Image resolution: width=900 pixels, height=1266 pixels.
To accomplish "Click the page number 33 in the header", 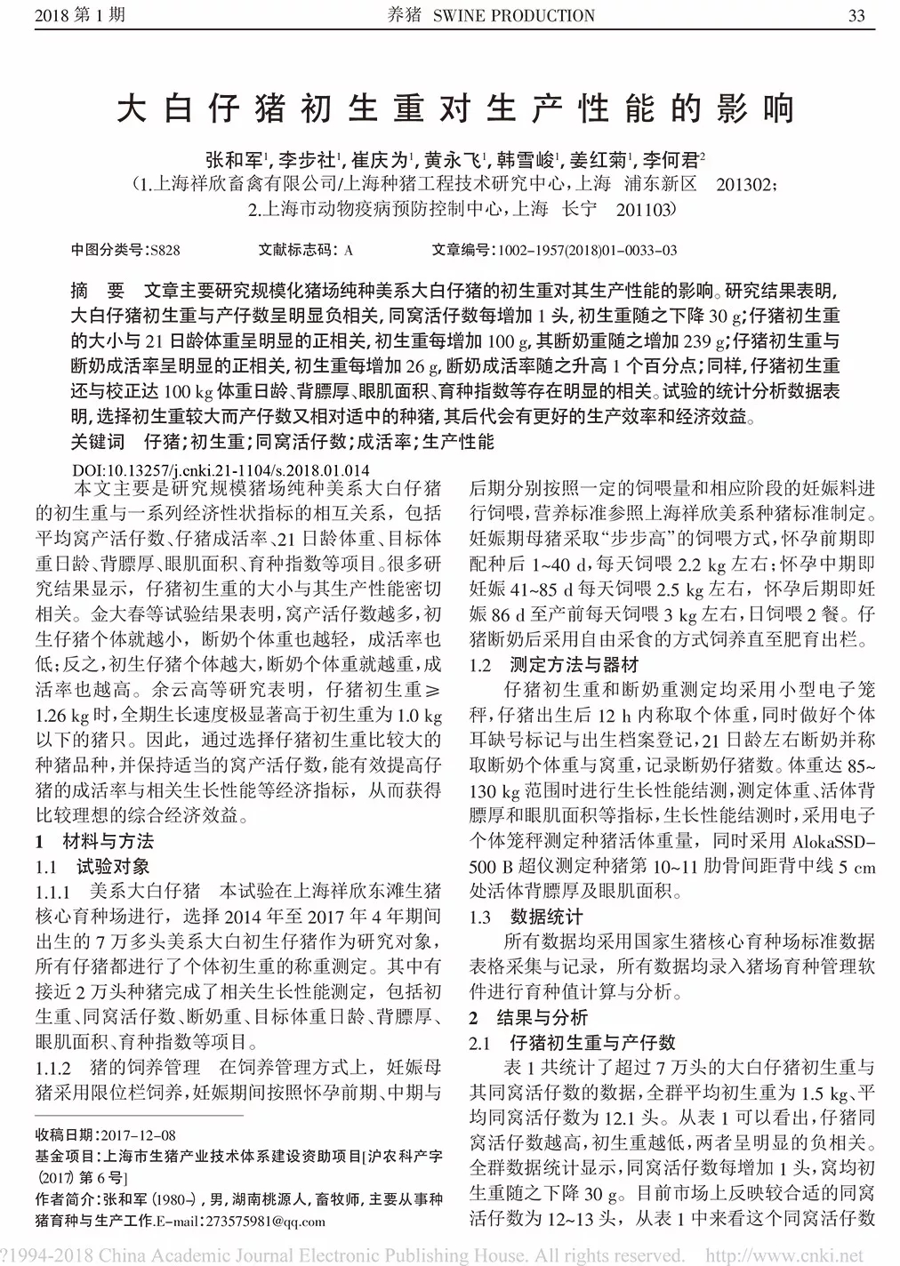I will point(856,15).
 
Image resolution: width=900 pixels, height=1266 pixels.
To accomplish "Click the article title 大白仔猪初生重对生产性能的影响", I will point(454,108).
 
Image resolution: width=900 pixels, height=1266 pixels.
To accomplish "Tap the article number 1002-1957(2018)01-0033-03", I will point(588,251).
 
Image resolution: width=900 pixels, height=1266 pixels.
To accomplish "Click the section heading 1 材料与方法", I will point(94,840).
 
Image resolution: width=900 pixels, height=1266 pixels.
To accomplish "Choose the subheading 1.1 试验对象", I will point(92,866).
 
